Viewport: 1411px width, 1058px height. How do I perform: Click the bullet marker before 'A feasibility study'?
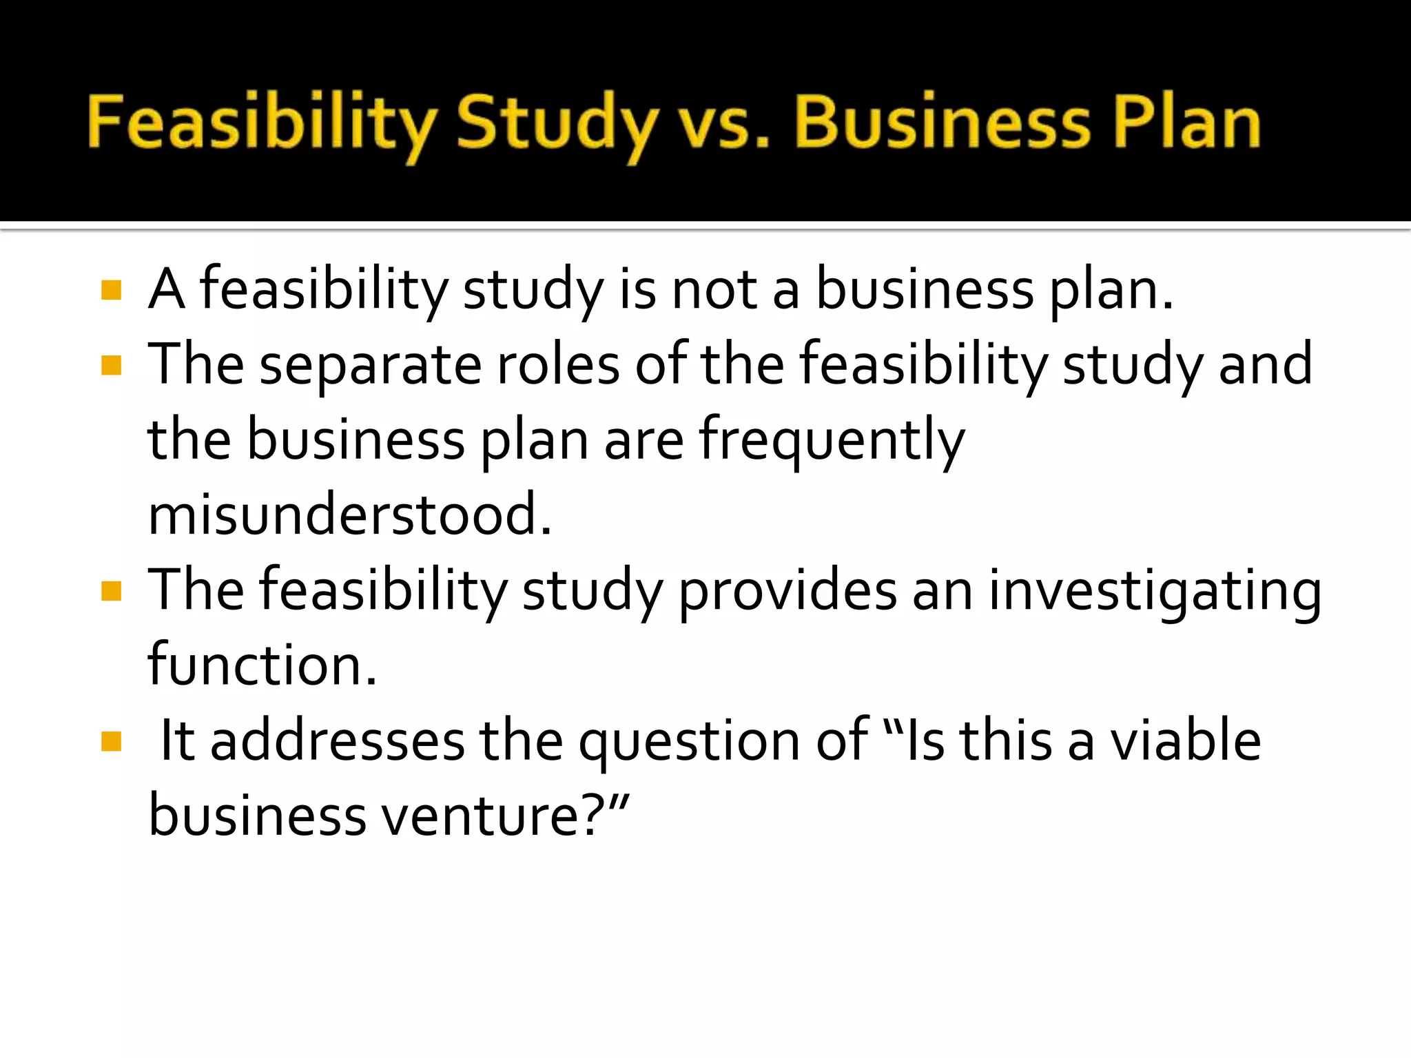(111, 290)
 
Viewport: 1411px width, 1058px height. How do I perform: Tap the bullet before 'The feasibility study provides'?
(111, 591)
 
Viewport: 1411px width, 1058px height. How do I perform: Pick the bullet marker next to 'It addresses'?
(111, 741)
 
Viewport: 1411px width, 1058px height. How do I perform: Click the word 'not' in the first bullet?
(714, 290)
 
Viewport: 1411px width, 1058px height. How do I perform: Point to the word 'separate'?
(370, 366)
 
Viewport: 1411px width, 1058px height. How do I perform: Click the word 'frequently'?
(832, 441)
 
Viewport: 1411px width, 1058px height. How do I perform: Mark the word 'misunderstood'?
(349, 515)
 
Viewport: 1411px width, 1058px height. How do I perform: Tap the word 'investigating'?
(1155, 591)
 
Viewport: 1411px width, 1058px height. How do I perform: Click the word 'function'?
(262, 665)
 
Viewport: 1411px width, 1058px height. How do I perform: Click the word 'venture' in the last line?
(493, 816)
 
